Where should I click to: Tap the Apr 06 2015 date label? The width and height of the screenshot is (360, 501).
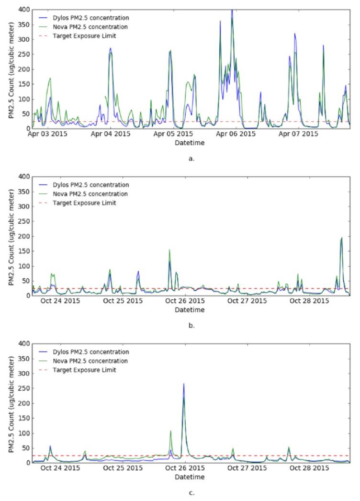(x=236, y=135)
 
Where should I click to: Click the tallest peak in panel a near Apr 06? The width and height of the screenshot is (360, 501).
(x=232, y=11)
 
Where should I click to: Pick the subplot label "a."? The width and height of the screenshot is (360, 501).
(x=191, y=159)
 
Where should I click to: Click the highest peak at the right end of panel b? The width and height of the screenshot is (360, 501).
(x=342, y=238)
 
